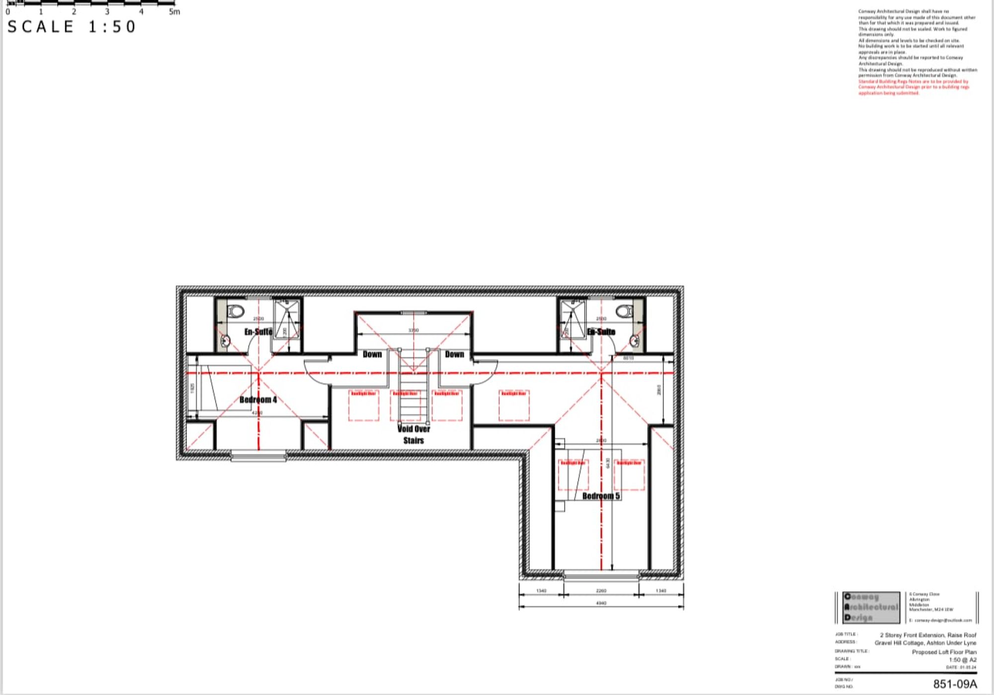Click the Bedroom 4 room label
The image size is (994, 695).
click(x=258, y=400)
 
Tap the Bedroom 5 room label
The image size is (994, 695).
click(x=601, y=496)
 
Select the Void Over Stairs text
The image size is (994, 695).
click(x=414, y=434)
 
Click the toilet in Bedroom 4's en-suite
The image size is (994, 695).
click(x=235, y=311)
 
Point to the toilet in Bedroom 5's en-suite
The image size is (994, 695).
click(x=624, y=311)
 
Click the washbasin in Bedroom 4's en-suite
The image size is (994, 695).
click(x=226, y=341)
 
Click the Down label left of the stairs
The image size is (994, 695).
click(x=372, y=354)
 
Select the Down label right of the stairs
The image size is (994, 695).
click(x=454, y=354)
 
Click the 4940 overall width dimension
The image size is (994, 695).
click(x=601, y=603)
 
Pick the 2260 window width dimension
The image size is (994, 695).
click(x=601, y=591)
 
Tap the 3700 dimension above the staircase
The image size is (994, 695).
click(x=413, y=330)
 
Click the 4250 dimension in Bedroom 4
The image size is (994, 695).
click(x=257, y=413)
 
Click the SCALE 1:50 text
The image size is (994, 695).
click(x=72, y=27)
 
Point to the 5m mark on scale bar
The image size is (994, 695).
click(x=174, y=11)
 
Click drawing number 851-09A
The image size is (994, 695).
click(x=955, y=684)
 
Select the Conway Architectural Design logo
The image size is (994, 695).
click(x=872, y=607)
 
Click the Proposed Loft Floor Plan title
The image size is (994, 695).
click(x=944, y=652)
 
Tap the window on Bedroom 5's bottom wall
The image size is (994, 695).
click(x=601, y=576)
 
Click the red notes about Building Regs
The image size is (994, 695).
click(x=913, y=87)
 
